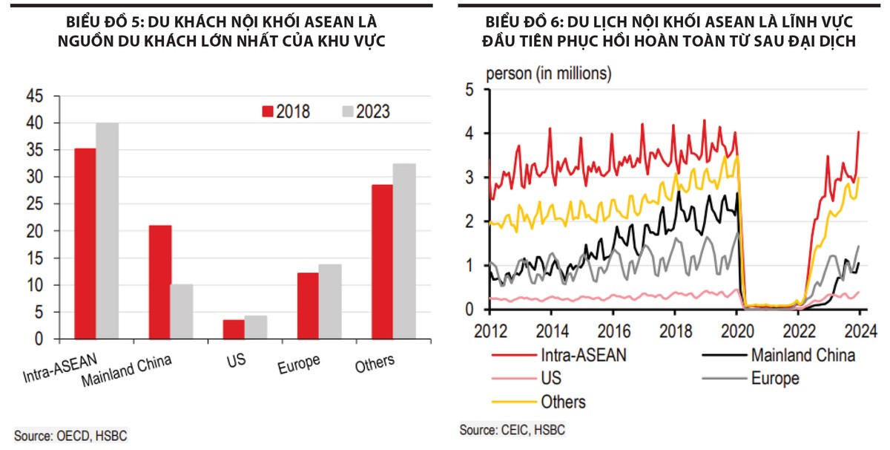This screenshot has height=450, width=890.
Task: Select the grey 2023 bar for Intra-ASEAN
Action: coord(107,230)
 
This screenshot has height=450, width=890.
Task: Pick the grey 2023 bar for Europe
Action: coord(330,301)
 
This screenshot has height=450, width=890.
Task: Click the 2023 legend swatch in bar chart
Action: coord(346,111)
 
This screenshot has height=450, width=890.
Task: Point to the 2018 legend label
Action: coord(293,111)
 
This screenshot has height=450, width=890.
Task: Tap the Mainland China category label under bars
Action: coord(126,371)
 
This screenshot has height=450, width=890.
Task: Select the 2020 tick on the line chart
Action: coord(736,330)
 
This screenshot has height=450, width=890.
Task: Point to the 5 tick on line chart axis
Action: coord(468,89)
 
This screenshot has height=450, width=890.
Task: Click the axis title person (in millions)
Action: coord(548,74)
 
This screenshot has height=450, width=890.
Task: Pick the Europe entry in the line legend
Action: coord(775,379)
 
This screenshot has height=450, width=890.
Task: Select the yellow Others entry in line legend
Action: coord(563,402)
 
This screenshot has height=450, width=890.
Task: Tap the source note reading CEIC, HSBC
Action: coord(512,430)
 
